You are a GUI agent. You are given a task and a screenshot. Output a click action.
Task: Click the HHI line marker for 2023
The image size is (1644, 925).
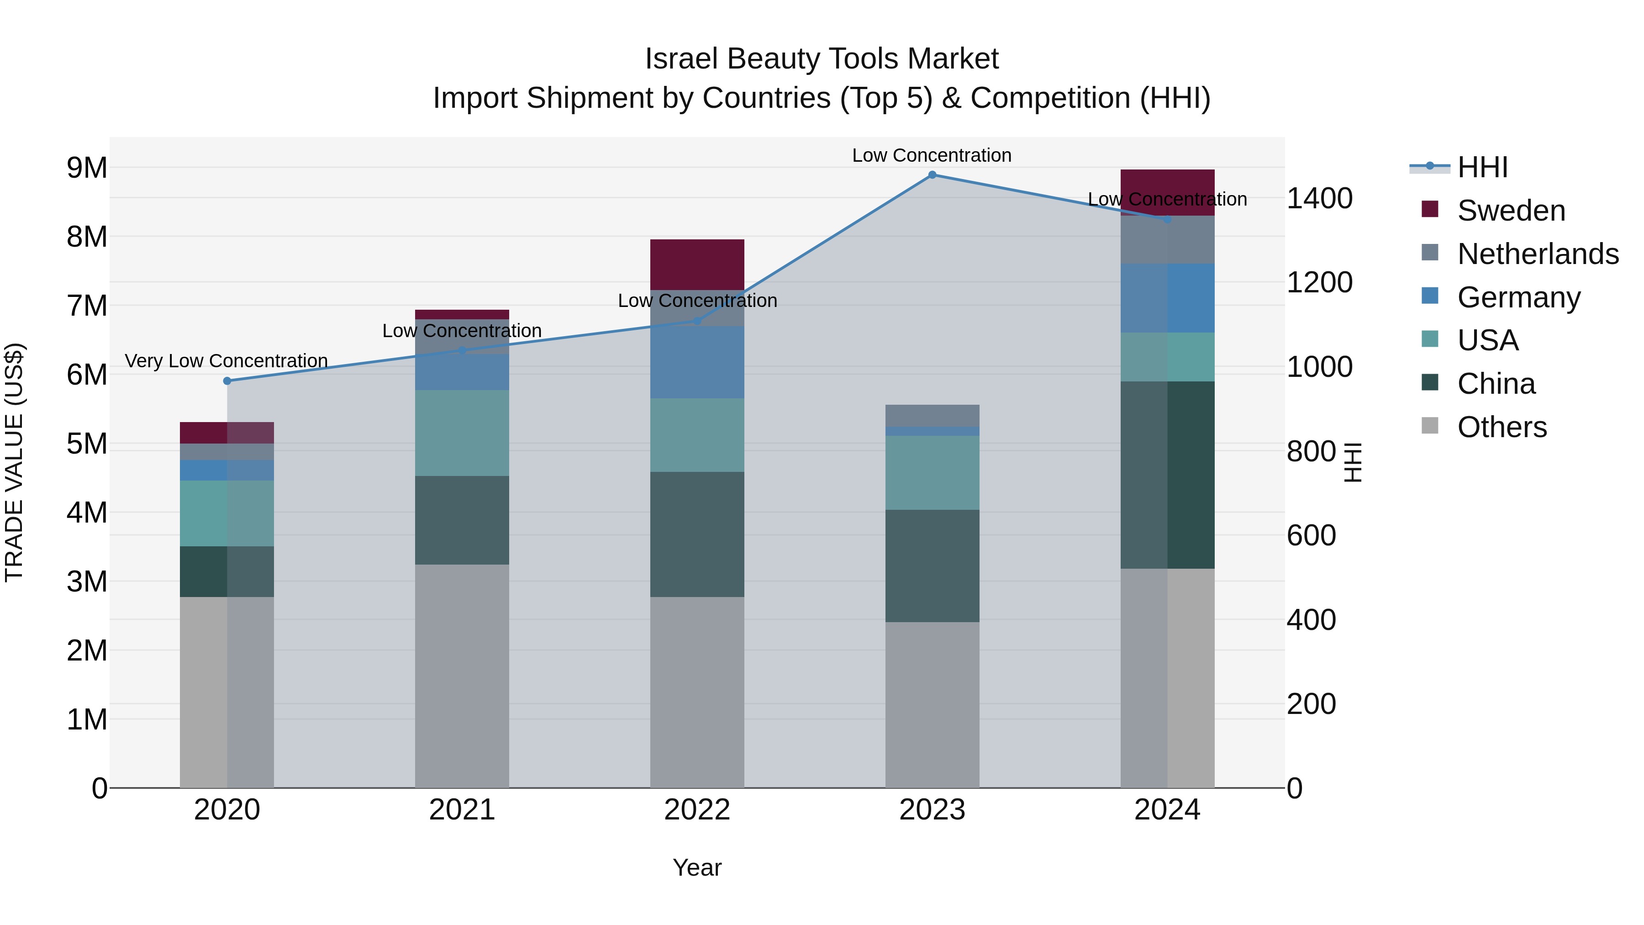tap(932, 175)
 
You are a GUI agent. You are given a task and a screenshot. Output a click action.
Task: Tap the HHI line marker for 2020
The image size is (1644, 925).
tap(227, 381)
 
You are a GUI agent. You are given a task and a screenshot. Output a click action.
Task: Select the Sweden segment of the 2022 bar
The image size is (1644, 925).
tap(697, 264)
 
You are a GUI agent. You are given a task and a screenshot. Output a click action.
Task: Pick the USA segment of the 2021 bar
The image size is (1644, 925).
tap(462, 433)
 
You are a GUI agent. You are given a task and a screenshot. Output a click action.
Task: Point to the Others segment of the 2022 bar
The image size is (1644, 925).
tap(697, 692)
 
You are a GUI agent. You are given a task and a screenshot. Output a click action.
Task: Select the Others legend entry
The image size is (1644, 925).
tap(1502, 427)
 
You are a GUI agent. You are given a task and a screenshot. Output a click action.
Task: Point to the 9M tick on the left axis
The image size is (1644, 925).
tap(87, 168)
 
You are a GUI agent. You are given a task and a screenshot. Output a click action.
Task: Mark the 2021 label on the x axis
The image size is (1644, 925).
tap(462, 810)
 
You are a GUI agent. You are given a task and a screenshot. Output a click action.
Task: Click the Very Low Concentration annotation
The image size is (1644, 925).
tap(226, 361)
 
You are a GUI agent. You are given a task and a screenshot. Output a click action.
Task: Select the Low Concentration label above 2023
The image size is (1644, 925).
tap(932, 156)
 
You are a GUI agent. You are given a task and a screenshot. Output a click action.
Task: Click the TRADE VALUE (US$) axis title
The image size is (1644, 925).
tap(14, 462)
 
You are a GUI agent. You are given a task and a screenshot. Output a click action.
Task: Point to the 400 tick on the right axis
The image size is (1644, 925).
tap(1311, 620)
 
